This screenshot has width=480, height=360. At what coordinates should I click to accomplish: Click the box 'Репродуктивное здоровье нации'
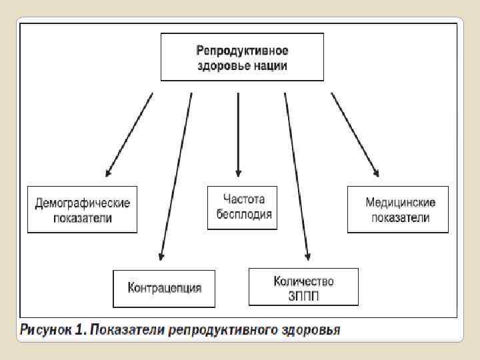242,57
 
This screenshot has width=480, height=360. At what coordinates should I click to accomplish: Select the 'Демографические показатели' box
82,209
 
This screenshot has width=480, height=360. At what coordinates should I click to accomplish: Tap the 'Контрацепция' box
164,288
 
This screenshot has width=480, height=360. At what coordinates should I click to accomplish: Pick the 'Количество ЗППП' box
303,287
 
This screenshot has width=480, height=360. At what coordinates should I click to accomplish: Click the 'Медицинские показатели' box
398,209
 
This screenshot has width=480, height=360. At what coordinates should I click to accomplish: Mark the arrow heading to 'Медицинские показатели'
355,133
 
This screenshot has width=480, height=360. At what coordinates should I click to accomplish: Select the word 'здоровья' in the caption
311,329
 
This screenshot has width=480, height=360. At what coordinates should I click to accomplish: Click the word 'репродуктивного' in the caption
224,329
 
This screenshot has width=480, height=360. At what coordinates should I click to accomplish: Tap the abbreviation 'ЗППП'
303,295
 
